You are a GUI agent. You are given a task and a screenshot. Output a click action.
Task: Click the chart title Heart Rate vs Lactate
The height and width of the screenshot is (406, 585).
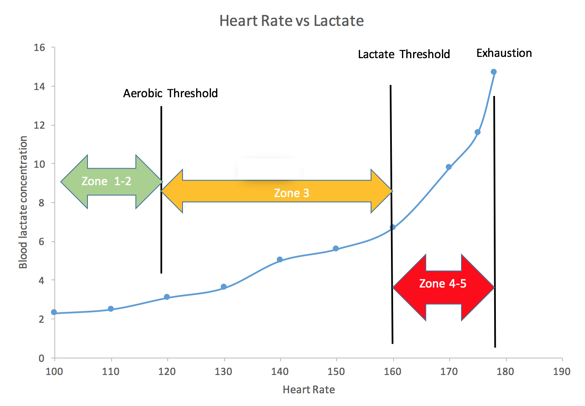click(x=292, y=21)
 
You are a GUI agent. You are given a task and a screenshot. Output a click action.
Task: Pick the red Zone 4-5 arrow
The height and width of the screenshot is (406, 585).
click(x=443, y=288)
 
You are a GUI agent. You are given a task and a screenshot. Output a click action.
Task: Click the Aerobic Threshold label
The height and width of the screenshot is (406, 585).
click(x=170, y=93)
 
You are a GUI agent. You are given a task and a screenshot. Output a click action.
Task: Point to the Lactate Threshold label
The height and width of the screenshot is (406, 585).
click(x=404, y=54)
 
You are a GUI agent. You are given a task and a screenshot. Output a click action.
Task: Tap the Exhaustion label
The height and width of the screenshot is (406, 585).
click(x=504, y=53)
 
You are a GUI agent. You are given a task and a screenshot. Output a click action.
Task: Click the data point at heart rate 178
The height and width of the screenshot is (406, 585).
click(x=494, y=72)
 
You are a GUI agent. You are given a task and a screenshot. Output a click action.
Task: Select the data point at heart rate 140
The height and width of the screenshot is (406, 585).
click(x=280, y=259)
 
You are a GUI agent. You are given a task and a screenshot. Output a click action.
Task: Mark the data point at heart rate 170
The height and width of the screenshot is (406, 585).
click(x=449, y=167)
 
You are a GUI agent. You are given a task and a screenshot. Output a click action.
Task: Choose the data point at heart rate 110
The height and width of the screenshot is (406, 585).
click(x=111, y=309)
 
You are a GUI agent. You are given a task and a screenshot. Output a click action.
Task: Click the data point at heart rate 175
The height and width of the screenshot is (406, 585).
click(x=478, y=132)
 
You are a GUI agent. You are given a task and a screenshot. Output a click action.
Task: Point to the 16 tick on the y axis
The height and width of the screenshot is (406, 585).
click(x=39, y=48)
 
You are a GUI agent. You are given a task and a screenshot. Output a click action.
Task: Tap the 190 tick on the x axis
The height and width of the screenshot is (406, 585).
click(x=562, y=372)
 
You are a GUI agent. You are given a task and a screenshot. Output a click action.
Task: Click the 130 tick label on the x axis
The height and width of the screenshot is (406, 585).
click(x=223, y=372)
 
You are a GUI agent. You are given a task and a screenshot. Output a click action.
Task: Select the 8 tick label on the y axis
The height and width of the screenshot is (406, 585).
click(x=41, y=203)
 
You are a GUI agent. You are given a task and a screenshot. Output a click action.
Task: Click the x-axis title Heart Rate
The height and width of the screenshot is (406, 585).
click(x=309, y=390)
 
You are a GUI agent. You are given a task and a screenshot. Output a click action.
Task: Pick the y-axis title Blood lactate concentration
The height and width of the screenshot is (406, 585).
click(x=23, y=202)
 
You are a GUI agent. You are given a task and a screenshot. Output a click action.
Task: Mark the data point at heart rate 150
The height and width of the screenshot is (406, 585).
click(x=336, y=248)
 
